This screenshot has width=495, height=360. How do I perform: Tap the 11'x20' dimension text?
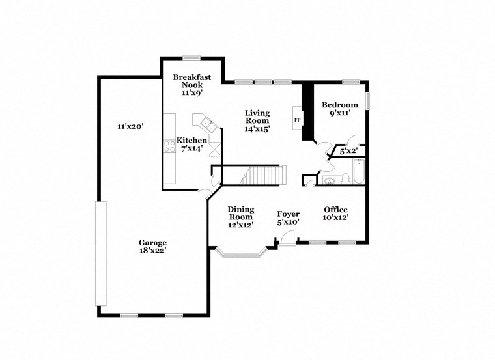[130, 126]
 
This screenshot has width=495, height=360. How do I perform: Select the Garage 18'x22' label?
[152, 246]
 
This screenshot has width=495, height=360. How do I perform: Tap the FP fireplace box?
[298, 120]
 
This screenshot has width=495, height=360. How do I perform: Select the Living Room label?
[257, 120]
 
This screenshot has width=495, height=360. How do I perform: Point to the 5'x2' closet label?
[349, 152]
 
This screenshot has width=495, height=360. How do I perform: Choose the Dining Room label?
[240, 217]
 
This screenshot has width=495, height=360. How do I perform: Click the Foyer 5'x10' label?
[288, 218]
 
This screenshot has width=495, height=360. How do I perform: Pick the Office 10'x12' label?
[335, 214]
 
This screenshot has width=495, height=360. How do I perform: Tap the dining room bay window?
[241, 253]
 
